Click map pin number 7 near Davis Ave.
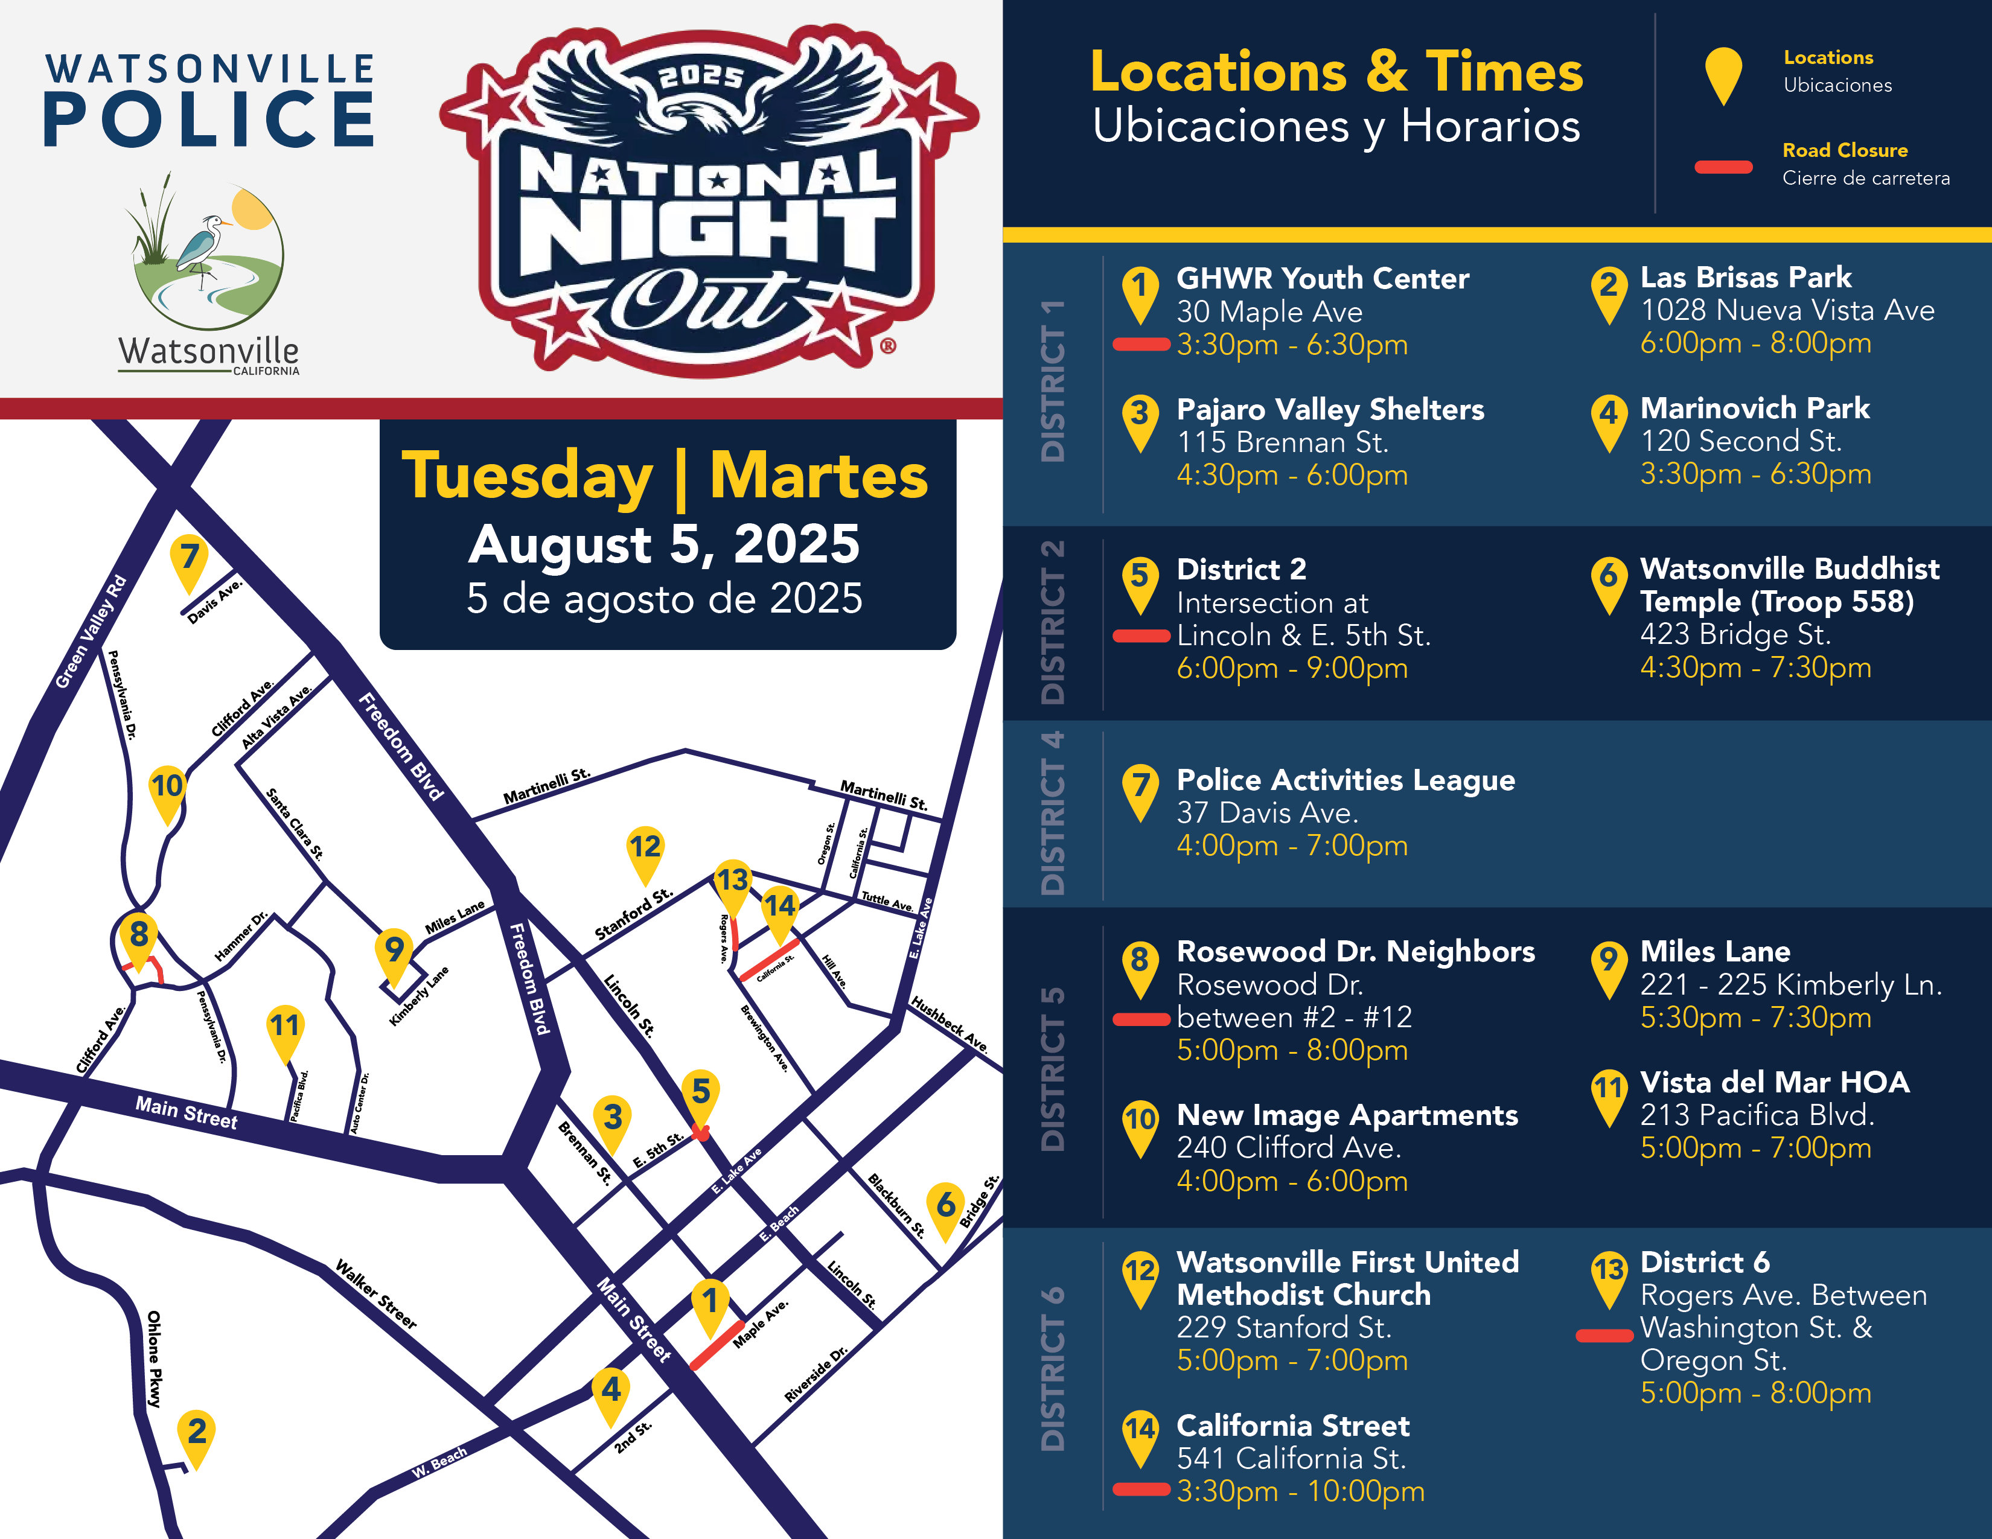pyautogui.click(x=189, y=558)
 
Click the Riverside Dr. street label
pyautogui.click(x=816, y=1374)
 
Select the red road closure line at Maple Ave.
pyautogui.click(x=716, y=1345)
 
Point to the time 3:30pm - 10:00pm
pyautogui.click(x=1300, y=1491)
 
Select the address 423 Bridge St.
pyautogui.click(x=1735, y=634)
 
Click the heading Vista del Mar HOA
pyautogui.click(x=1774, y=1082)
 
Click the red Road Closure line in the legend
pyautogui.click(x=1723, y=167)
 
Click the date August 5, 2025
pyautogui.click(x=664, y=544)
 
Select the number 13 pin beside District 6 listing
pyautogui.click(x=1609, y=1271)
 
